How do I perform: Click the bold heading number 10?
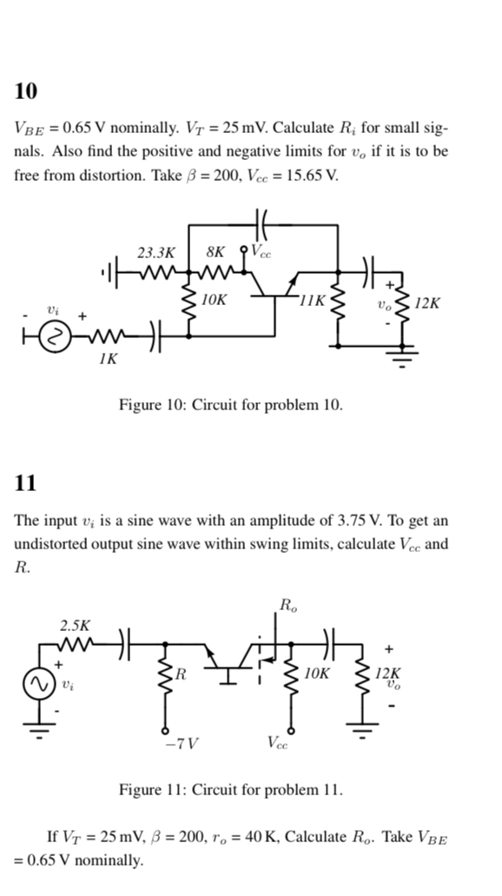[x=26, y=90]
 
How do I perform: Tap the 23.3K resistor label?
[x=156, y=254]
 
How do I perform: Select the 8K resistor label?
[x=216, y=254]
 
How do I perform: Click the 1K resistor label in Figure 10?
[x=107, y=358]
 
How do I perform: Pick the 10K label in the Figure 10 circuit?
[x=214, y=300]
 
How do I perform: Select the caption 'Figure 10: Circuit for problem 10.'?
[x=230, y=405]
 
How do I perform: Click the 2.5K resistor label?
[x=74, y=625]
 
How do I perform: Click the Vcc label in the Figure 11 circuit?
[x=279, y=743]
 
